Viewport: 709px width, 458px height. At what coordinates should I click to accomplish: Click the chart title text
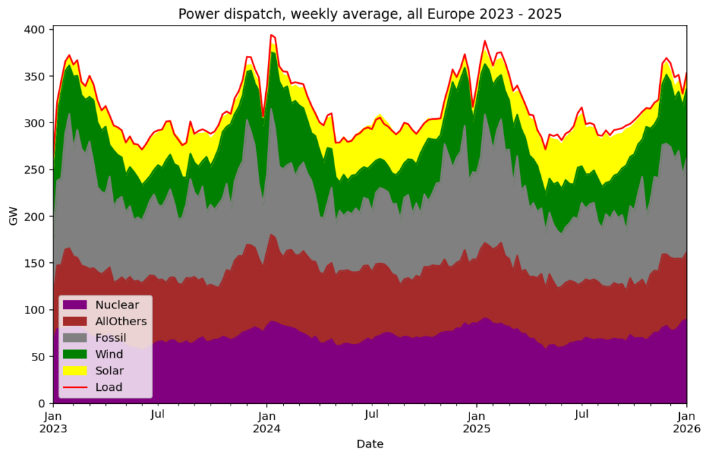coord(370,14)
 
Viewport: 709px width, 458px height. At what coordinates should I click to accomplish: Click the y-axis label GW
coord(13,217)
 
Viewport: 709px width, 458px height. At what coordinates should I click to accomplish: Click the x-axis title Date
coord(370,443)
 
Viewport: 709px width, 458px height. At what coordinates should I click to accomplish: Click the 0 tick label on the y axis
coord(42,404)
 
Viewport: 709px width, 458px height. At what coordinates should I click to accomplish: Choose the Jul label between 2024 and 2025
coord(372,415)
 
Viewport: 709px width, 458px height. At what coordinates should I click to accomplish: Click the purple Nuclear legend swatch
coord(75,305)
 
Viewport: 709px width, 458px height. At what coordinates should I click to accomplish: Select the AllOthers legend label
coord(121,321)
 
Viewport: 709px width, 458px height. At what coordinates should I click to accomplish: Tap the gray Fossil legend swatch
coord(75,338)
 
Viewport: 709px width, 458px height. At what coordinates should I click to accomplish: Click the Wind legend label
coord(109,354)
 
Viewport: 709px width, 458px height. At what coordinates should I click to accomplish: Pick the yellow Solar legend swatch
coord(75,371)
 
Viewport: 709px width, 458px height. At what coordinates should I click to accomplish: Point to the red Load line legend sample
coord(75,387)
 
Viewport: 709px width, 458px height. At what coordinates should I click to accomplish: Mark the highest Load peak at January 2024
coord(271,35)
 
